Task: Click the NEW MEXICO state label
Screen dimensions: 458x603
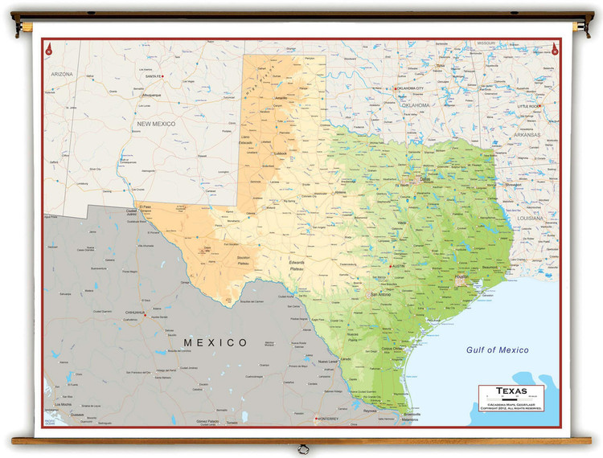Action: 155,124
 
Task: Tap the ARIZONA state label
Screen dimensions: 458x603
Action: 62,74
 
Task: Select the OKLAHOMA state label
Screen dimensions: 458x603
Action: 416,105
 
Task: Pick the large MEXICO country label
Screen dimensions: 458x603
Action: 216,343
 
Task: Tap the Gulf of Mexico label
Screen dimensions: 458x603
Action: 497,350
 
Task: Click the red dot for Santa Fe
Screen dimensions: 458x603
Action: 162,76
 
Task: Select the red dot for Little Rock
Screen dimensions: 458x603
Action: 541,107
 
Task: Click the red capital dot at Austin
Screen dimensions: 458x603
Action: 392,266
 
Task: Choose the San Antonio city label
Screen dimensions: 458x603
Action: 379,295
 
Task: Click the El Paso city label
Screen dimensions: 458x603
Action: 146,207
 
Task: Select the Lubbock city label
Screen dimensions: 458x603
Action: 281,153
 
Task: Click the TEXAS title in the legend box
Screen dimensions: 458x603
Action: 511,391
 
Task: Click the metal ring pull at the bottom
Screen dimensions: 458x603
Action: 301,448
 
